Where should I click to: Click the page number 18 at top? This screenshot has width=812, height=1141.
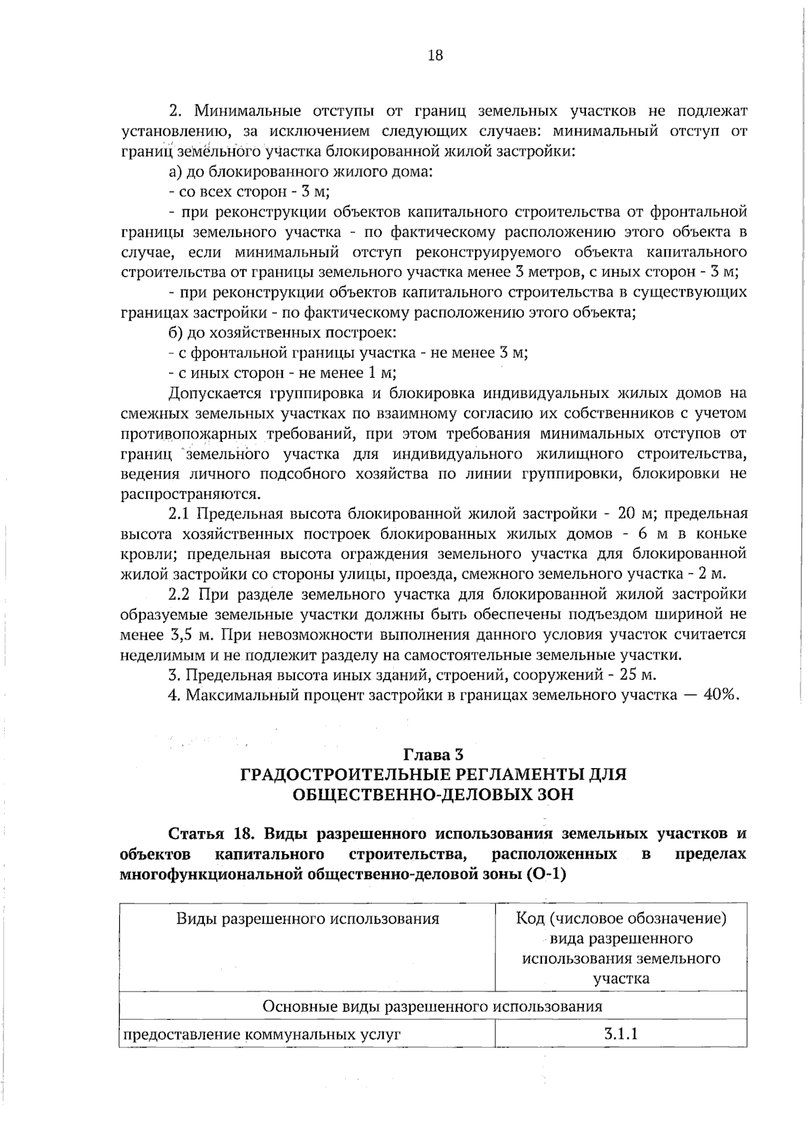pyautogui.click(x=435, y=55)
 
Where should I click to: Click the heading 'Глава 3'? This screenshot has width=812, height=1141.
pyautogui.click(x=434, y=754)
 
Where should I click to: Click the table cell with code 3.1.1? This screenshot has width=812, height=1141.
pyautogui.click(x=621, y=1034)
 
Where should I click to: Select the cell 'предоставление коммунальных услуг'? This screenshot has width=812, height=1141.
pyautogui.click(x=261, y=1035)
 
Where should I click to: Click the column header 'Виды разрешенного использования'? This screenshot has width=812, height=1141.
pyautogui.click(x=307, y=919)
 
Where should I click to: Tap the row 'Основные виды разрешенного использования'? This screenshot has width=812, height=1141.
pyautogui.click(x=432, y=1006)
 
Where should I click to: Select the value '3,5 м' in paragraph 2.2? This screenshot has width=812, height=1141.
pyautogui.click(x=194, y=635)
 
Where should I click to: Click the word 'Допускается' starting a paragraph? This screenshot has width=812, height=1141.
pyautogui.click(x=215, y=393)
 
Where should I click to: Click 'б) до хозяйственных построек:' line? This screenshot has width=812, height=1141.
pyautogui.click(x=282, y=333)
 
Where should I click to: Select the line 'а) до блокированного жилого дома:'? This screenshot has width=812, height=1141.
pyautogui.click(x=300, y=171)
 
